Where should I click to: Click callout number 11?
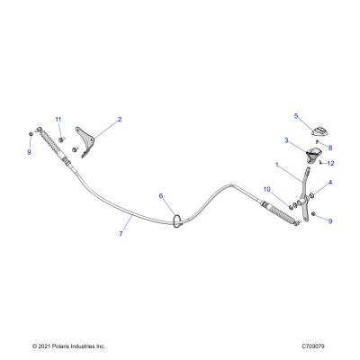pos(58,120)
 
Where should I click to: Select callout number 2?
pos(120,120)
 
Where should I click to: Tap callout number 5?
pos(296,116)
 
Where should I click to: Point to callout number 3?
pos(286,140)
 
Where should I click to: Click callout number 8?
pos(330,148)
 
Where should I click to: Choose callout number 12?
pos(330,164)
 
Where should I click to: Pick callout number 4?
pos(330,182)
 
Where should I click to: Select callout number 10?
pos(267,189)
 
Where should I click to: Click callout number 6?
pos(161,196)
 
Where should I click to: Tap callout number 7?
pos(121,233)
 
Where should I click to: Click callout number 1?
pos(277,165)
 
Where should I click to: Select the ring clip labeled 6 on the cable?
pos(178,220)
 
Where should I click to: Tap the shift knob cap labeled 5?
pos(320,130)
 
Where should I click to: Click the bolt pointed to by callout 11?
pos(61,139)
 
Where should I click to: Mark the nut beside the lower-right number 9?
pos(313,213)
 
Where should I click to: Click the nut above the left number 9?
pos(31,134)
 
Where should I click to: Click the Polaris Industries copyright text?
pos(69,346)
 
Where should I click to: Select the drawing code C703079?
pos(313,346)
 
